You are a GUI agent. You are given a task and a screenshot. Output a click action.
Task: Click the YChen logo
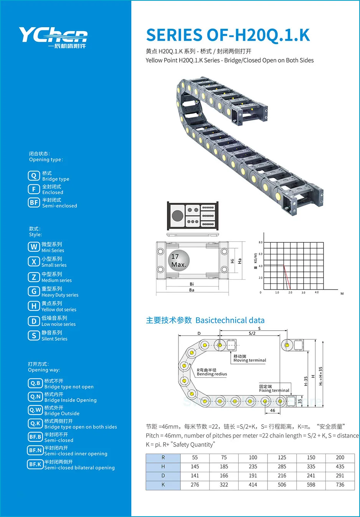pyautogui.click(x=53, y=37)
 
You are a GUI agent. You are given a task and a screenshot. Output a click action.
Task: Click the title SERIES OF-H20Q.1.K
pyautogui.click(x=228, y=35)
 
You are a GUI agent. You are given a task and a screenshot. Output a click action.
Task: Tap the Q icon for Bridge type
pyautogui.click(x=34, y=176)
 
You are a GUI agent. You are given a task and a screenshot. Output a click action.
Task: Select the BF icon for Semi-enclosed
pyautogui.click(x=34, y=203)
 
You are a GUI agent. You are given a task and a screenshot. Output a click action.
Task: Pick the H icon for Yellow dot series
pyautogui.click(x=34, y=306)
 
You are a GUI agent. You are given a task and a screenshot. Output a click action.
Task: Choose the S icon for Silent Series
pyautogui.click(x=34, y=336)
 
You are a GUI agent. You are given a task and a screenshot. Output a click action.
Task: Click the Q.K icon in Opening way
pyautogui.click(x=35, y=423)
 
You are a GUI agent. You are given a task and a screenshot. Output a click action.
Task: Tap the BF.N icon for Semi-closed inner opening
pyautogui.click(x=35, y=450)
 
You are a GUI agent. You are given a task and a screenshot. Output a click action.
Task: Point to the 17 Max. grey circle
pyautogui.click(x=178, y=260)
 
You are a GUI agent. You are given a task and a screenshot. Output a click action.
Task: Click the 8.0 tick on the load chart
pyautogui.click(x=261, y=242)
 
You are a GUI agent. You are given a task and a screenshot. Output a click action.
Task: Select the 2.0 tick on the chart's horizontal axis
pyautogui.click(x=290, y=293)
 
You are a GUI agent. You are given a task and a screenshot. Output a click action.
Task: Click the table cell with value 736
pyautogui.click(x=340, y=485)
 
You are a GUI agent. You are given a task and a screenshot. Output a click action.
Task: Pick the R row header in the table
pyautogui.click(x=163, y=458)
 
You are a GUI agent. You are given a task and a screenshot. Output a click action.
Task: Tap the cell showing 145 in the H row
pyautogui.click(x=195, y=467)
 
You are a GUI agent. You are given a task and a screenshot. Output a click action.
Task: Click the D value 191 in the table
pyautogui.click(x=253, y=476)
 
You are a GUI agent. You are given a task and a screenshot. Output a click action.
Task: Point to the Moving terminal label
pyautogui.click(x=249, y=360)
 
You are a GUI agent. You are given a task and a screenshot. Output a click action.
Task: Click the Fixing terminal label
pyautogui.click(x=274, y=390)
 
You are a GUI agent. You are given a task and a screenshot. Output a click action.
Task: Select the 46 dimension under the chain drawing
pyautogui.click(x=272, y=410)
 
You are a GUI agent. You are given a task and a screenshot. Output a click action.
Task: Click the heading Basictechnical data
pyautogui.click(x=230, y=320)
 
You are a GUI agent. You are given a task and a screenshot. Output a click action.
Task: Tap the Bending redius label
pyautogui.click(x=212, y=374)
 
